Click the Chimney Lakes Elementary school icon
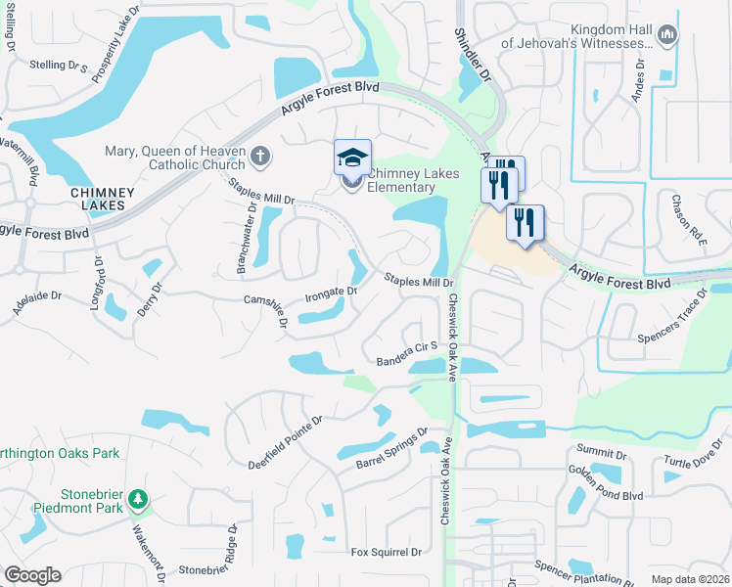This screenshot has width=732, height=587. [x=353, y=157]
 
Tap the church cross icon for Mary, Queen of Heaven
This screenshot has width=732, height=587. [x=260, y=155]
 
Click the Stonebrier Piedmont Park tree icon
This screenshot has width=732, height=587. [x=139, y=500]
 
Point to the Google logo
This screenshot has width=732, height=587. [x=32, y=575]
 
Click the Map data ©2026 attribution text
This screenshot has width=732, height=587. [x=690, y=579]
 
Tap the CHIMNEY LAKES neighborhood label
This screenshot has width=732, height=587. [x=97, y=200]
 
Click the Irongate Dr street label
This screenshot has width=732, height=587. [x=331, y=291]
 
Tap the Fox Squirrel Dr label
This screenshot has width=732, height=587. [x=387, y=552]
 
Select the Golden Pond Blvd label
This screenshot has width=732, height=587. [x=604, y=486]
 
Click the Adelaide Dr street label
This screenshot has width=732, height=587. [x=37, y=294]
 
